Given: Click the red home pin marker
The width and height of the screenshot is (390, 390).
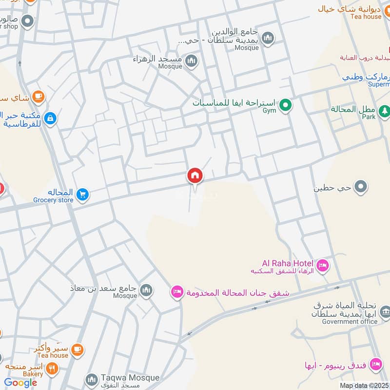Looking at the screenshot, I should pyautogui.click(x=195, y=176).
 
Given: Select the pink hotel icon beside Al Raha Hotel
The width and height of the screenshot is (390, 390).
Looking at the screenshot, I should pyautogui.click(x=322, y=266).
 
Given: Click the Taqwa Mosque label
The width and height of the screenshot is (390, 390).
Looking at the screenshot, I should pyautogui.click(x=130, y=378).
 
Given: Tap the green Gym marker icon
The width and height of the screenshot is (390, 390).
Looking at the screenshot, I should pyautogui.click(x=286, y=104).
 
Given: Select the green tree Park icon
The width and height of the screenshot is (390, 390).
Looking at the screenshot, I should pyautogui.click(x=385, y=112).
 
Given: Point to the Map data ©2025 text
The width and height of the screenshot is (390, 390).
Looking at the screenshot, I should pyautogui.click(x=364, y=385).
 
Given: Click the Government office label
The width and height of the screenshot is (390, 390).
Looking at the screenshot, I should pyautogui.click(x=350, y=321).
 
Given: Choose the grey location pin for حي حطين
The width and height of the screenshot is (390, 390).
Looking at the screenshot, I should pyautogui.click(x=361, y=186).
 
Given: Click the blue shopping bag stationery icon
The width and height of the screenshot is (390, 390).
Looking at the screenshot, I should pyautogui.click(x=50, y=118).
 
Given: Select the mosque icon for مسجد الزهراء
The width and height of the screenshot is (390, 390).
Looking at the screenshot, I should pyautogui.click(x=192, y=61).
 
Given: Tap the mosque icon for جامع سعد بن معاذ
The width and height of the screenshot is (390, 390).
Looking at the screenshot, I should pyautogui.click(x=146, y=291).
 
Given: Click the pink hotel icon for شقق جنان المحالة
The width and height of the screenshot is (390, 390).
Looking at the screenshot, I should pyautogui.click(x=177, y=292).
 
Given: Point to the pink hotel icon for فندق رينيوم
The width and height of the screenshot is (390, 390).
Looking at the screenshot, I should pyautogui.click(x=375, y=364).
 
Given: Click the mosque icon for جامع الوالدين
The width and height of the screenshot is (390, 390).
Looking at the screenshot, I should pyautogui.click(x=268, y=37).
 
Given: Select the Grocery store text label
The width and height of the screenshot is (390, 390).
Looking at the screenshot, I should pyautogui.click(x=53, y=200).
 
